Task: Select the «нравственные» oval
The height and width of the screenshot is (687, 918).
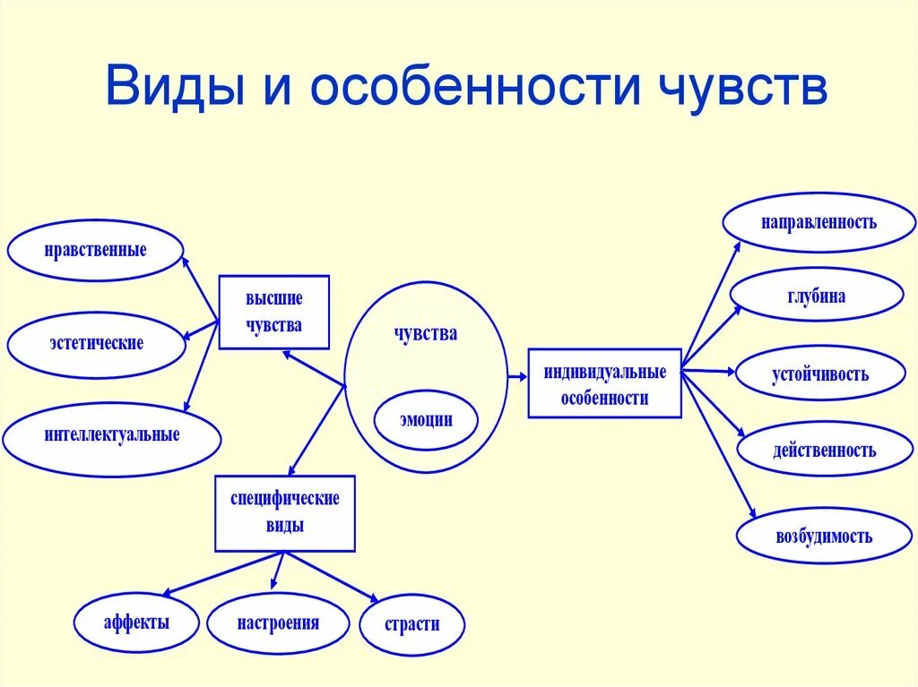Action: click(x=96, y=250)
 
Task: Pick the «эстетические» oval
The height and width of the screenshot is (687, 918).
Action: click(x=97, y=343)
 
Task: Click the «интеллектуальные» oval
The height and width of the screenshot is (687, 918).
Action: click(x=112, y=436)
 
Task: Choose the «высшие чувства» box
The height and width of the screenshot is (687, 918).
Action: click(x=274, y=312)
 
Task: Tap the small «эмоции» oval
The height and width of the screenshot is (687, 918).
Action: click(x=426, y=419)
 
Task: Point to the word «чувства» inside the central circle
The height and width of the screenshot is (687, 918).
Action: click(x=426, y=334)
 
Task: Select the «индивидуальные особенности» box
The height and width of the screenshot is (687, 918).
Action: click(x=604, y=384)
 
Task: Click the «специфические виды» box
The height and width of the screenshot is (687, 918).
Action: click(x=285, y=512)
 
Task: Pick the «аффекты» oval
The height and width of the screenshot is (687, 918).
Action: click(x=135, y=623)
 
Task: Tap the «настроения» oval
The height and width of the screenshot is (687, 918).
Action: click(x=278, y=623)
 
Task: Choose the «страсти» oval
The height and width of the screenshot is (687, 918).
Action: click(x=412, y=624)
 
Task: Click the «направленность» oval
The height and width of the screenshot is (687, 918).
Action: click(x=819, y=222)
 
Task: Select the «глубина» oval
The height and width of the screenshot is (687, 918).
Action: click(x=817, y=296)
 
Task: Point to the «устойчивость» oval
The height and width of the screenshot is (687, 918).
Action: click(x=820, y=374)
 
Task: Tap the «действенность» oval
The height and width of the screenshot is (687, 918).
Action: click(x=825, y=450)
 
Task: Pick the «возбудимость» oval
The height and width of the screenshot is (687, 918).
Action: click(x=824, y=537)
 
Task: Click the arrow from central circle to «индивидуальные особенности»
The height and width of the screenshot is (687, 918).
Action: click(x=517, y=378)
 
